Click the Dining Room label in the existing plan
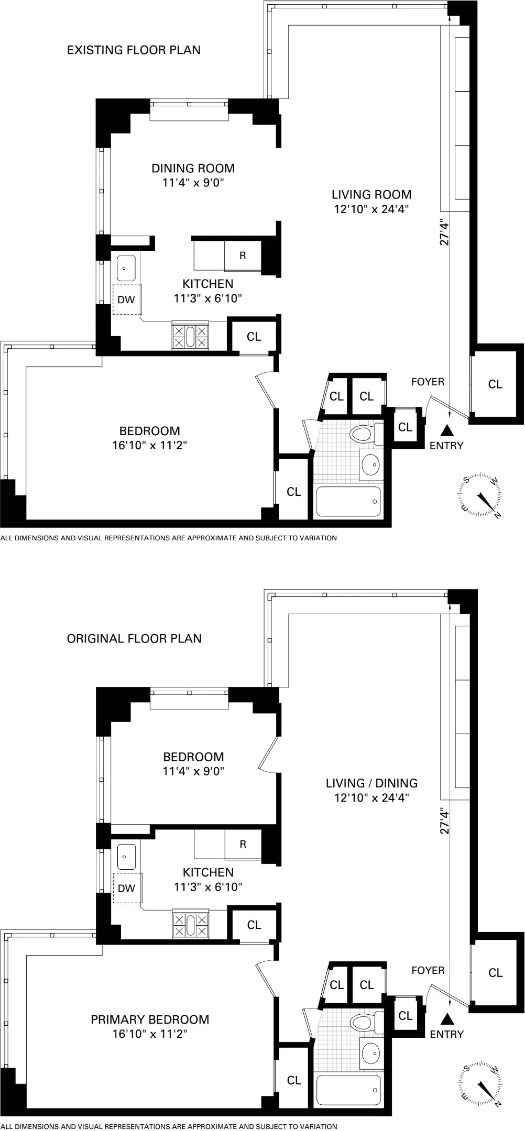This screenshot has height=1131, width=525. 193,168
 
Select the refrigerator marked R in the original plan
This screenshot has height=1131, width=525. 243,844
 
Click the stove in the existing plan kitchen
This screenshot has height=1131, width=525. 190,336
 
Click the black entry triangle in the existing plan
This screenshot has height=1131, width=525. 446,430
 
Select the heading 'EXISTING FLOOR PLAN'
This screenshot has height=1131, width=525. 134,50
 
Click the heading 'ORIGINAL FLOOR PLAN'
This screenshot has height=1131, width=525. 134,639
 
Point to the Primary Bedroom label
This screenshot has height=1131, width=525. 150,1019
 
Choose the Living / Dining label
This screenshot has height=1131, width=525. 371,783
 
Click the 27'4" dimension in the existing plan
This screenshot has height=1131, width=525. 445,232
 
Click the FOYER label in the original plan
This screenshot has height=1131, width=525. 428,970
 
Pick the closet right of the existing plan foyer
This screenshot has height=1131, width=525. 495,384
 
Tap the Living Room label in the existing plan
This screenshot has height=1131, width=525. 371,195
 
